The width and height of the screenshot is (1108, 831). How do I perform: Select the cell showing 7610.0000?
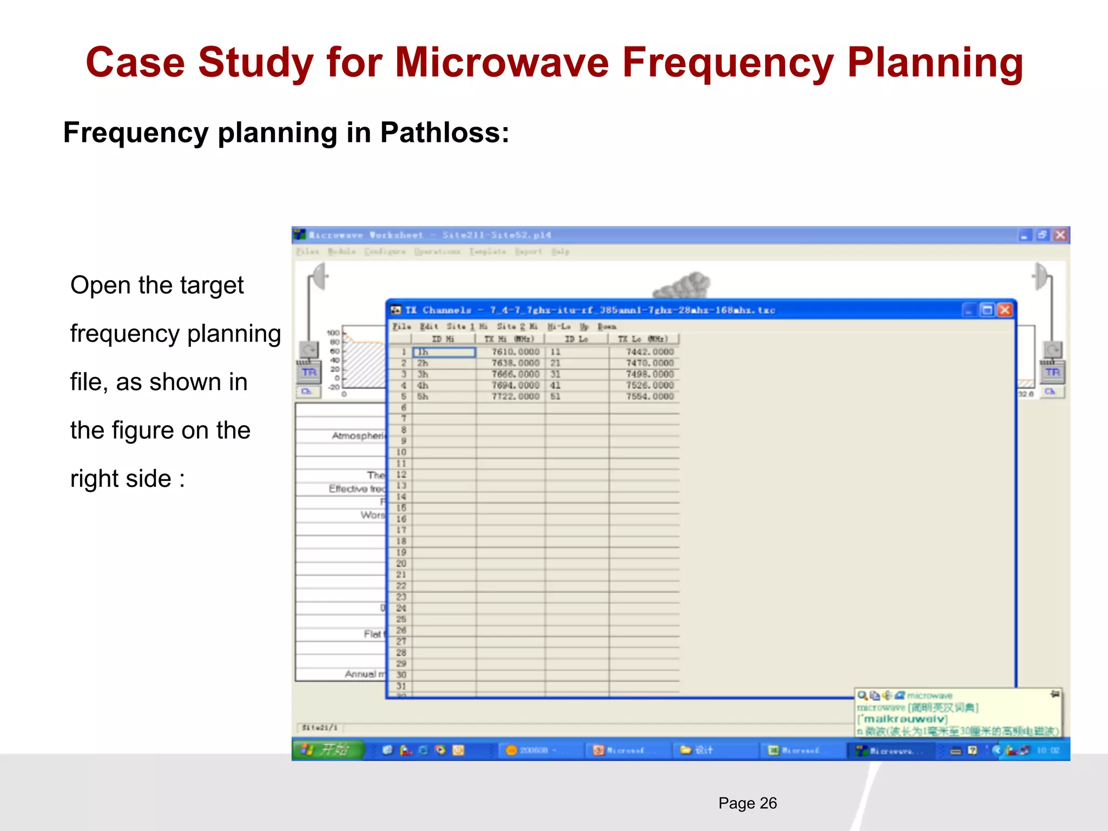click(x=515, y=352)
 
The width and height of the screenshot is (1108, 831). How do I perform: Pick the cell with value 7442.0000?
click(x=649, y=352)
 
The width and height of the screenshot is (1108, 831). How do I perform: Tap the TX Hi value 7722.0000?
click(x=515, y=397)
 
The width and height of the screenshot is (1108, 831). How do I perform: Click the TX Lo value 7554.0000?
click(x=649, y=397)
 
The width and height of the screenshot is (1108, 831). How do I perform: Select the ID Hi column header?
click(x=443, y=339)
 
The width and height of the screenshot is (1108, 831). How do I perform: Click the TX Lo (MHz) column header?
click(x=643, y=339)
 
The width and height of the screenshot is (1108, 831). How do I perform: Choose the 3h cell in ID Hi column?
click(x=423, y=374)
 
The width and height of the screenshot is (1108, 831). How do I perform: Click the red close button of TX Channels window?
click(x=1005, y=310)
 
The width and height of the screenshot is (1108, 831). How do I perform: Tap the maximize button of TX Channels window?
click(x=987, y=310)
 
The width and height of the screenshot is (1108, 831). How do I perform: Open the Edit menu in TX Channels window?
click(x=428, y=327)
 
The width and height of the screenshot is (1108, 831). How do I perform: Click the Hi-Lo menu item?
click(x=558, y=327)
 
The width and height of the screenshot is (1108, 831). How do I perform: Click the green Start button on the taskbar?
click(x=328, y=750)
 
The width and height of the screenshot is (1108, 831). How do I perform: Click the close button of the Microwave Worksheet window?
click(x=1060, y=235)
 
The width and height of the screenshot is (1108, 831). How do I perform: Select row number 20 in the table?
click(x=401, y=564)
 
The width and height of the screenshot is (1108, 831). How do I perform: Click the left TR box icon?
click(x=309, y=372)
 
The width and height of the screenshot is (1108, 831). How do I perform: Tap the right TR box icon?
click(x=1052, y=372)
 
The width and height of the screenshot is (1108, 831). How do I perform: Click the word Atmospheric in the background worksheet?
click(x=358, y=436)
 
